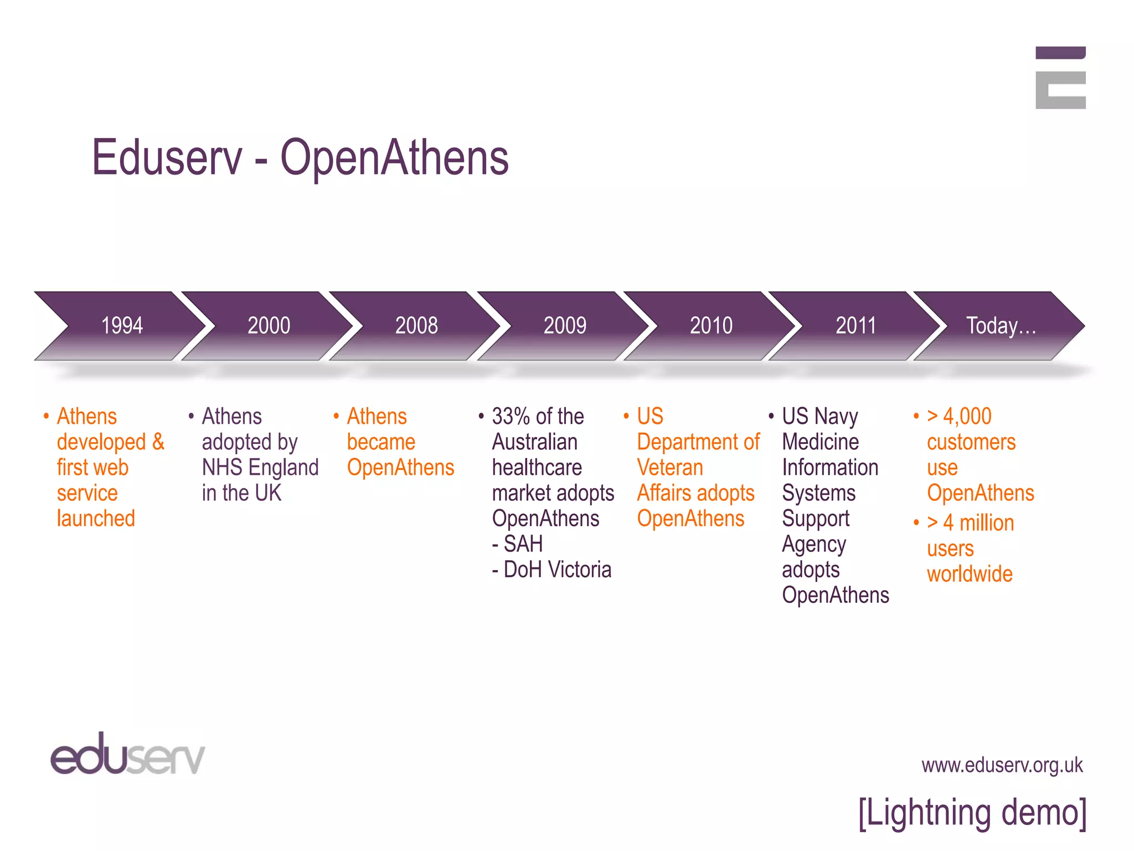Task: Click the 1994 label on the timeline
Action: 122,325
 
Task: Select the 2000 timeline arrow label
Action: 269,325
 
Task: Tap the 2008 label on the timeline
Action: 416,325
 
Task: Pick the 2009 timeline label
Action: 565,325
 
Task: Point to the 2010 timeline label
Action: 711,325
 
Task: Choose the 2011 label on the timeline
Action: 855,325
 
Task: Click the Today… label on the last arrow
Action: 1001,326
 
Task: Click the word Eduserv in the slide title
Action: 167,158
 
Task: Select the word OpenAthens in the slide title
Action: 394,158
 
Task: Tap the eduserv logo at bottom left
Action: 127,755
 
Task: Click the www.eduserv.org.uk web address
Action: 1002,765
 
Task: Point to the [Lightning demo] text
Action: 972,813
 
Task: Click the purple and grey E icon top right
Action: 1060,78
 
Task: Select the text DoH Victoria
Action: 557,570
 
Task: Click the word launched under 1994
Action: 96,519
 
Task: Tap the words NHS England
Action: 260,468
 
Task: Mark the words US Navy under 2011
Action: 819,417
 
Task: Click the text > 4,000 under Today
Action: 959,417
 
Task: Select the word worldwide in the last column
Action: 970,575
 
